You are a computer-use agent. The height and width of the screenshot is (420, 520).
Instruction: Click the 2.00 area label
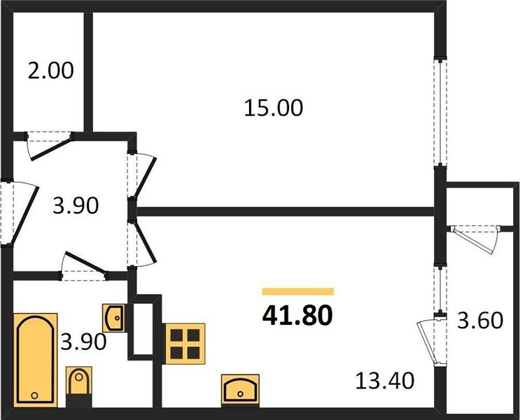click(x=50, y=71)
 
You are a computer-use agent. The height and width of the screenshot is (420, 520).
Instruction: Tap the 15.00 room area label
click(x=274, y=108)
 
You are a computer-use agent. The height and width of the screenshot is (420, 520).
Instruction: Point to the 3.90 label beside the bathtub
click(x=83, y=342)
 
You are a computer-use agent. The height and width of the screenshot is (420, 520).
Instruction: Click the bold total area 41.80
click(x=297, y=314)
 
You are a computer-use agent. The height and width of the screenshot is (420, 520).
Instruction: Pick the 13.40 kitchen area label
click(x=384, y=381)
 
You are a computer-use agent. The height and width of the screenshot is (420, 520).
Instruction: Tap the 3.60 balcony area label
click(x=481, y=321)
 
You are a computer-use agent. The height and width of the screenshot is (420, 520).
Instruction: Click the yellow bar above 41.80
click(x=297, y=291)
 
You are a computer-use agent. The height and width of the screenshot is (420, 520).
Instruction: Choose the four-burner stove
click(x=184, y=342)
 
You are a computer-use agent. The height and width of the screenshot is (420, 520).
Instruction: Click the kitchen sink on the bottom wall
click(x=240, y=387)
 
